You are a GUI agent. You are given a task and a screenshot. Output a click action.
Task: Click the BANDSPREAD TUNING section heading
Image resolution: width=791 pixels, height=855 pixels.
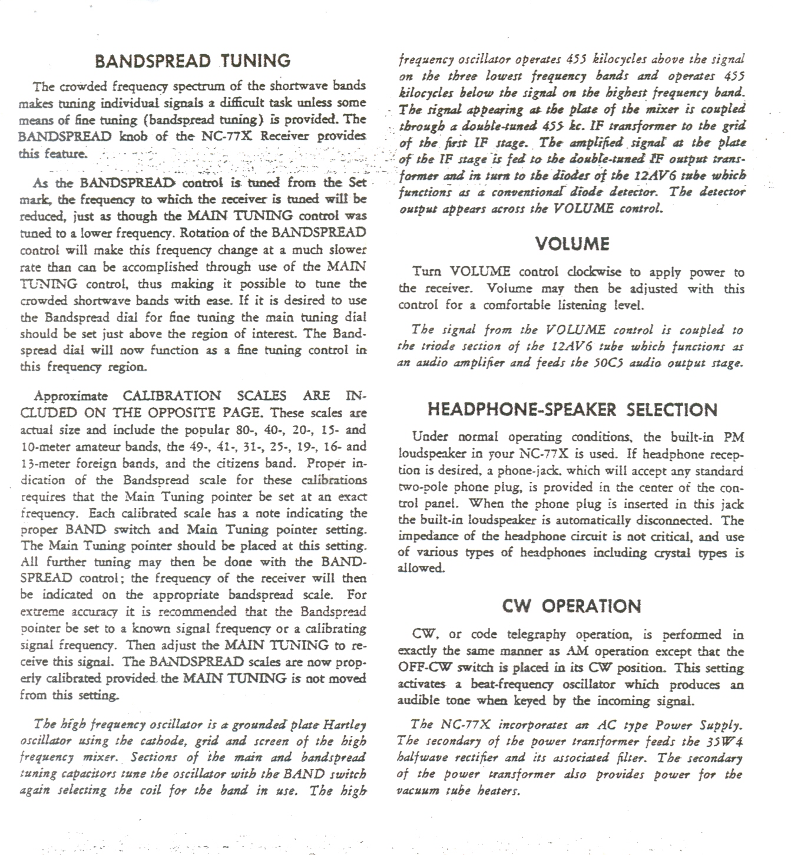(193, 61)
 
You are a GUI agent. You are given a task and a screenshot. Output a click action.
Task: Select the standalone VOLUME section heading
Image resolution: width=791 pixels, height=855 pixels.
(572, 244)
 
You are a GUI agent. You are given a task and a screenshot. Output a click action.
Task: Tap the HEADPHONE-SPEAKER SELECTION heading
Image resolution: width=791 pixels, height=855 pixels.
(572, 410)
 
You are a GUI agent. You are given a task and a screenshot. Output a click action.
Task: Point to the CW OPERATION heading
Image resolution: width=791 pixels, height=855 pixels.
(571, 606)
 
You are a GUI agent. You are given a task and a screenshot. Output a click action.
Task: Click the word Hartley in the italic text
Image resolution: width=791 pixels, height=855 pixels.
(345, 724)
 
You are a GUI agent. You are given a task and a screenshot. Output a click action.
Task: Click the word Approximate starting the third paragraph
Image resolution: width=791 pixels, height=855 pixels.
(71, 396)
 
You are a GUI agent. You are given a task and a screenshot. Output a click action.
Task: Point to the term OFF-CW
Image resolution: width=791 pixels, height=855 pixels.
(426, 668)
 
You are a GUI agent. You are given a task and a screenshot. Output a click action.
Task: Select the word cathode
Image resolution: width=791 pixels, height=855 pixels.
(162, 741)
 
